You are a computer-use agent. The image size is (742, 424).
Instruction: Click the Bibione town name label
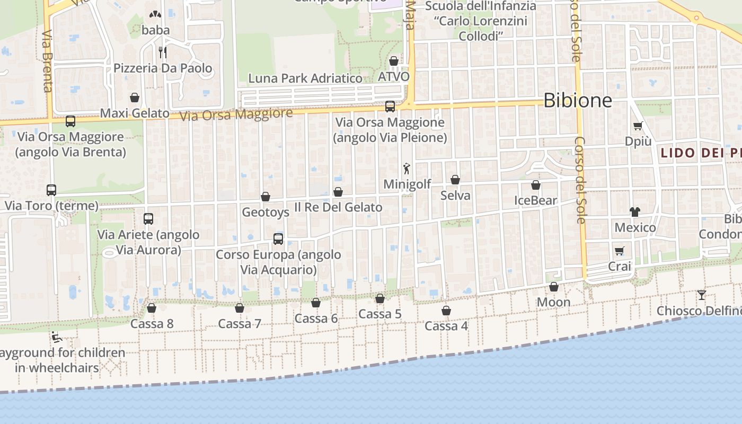[578, 100]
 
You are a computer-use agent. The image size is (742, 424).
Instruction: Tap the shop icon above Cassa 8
[152, 308]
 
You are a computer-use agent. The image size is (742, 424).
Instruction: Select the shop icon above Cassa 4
[446, 311]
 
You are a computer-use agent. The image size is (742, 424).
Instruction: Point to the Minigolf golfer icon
[407, 169]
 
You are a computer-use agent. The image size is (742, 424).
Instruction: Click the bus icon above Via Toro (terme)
[51, 190]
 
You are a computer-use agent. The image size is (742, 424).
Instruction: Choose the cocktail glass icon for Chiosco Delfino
[702, 295]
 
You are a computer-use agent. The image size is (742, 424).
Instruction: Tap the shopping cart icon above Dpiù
[638, 126]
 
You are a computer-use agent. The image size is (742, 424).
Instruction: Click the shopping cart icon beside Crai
[620, 251]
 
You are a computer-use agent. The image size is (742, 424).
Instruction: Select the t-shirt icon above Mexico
[635, 211]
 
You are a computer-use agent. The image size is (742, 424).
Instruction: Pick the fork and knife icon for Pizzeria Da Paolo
[163, 52]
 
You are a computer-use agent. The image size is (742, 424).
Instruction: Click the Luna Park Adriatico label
[306, 78]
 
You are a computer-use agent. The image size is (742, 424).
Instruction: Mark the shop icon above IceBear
[536, 185]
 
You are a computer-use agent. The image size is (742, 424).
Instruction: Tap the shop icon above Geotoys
[266, 197]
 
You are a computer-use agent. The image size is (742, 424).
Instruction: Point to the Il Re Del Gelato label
[338, 207]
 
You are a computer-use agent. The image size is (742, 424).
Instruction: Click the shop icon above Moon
[554, 287]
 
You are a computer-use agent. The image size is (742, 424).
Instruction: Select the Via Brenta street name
[47, 61]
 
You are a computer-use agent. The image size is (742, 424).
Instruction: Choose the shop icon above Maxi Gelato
[135, 98]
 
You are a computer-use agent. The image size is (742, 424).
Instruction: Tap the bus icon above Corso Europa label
[278, 238]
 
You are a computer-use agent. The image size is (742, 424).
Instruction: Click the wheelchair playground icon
[56, 337]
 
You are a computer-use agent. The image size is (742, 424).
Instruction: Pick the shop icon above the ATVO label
[393, 61]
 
